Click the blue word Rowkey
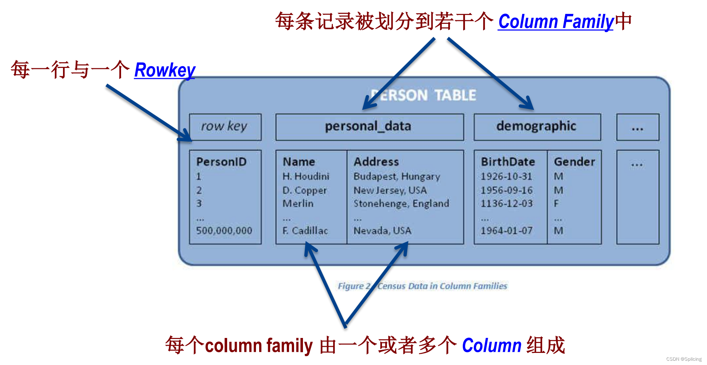click(x=165, y=70)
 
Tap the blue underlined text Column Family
click(x=556, y=22)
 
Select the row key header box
click(x=225, y=127)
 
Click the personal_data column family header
click(x=369, y=127)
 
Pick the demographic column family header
click(x=537, y=127)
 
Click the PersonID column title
click(x=221, y=162)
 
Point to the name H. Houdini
click(x=306, y=176)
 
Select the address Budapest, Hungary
click(x=397, y=176)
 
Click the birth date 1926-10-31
click(x=506, y=176)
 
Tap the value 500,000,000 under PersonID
click(x=224, y=231)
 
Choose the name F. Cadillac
click(x=305, y=231)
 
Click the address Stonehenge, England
click(x=401, y=203)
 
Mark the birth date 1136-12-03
click(x=507, y=203)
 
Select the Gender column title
click(x=574, y=162)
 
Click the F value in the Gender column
click(x=556, y=203)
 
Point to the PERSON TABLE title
click(x=424, y=95)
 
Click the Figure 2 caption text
click(x=422, y=286)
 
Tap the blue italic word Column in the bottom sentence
click(x=492, y=345)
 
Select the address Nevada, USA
click(x=382, y=231)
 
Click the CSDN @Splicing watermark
click(x=684, y=359)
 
